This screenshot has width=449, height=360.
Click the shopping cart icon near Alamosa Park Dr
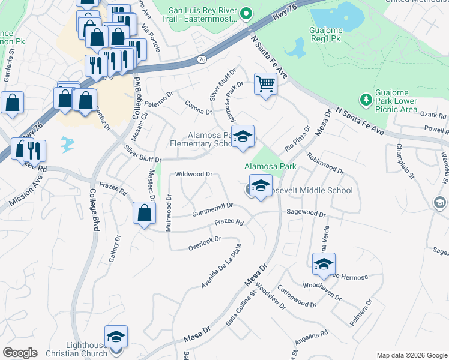pyautogui.click(x=265, y=83)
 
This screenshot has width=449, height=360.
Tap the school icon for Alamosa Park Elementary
pyautogui.click(x=243, y=137)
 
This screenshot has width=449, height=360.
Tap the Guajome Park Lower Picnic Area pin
pyautogui.click(x=364, y=98)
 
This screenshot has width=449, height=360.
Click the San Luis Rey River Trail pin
pyautogui.click(x=245, y=13)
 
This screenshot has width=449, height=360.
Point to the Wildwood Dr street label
pyautogui.click(x=193, y=174)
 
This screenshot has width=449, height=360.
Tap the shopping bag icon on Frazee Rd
pyautogui.click(x=145, y=212)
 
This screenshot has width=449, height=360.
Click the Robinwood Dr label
pyautogui.click(x=325, y=163)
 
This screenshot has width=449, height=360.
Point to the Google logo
pyautogui.click(x=20, y=352)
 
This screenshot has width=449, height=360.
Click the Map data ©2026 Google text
pyautogui.click(x=411, y=355)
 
